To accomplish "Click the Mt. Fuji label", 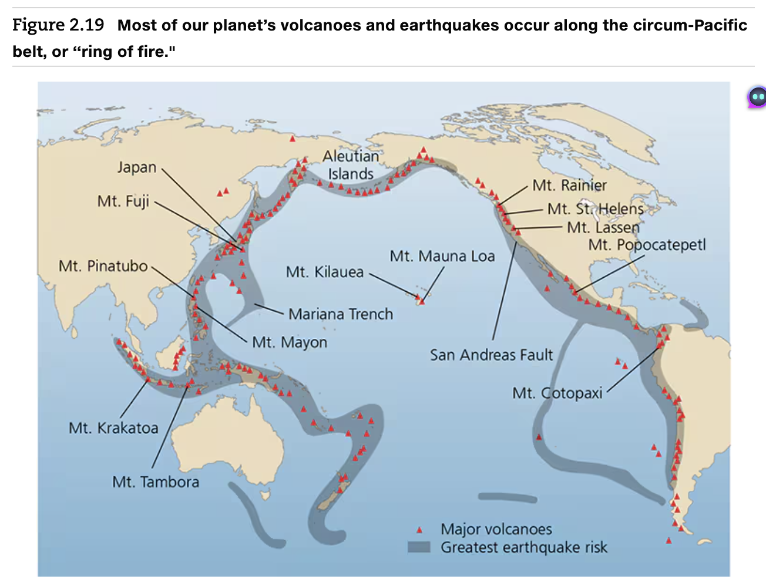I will (123, 201).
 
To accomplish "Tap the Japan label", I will (137, 167).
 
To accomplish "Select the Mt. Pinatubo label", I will (103, 266).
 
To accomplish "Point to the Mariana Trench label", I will (341, 314).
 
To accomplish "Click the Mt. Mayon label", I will (290, 342).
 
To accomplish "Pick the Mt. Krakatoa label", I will (113, 427).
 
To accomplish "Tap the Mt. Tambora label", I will (156, 482).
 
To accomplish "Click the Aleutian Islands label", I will (351, 165).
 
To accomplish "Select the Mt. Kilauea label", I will (325, 272).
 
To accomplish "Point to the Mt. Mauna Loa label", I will (442, 256).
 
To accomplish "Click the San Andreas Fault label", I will (491, 355).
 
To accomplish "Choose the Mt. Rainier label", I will (569, 186).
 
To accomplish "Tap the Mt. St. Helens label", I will (595, 209).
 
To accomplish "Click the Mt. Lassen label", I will (603, 227).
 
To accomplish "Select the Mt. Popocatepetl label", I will (647, 245).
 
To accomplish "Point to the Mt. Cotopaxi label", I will (557, 393).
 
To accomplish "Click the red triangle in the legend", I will (419, 530).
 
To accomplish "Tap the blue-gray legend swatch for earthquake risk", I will (419, 547).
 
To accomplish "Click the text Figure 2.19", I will (58, 25).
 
